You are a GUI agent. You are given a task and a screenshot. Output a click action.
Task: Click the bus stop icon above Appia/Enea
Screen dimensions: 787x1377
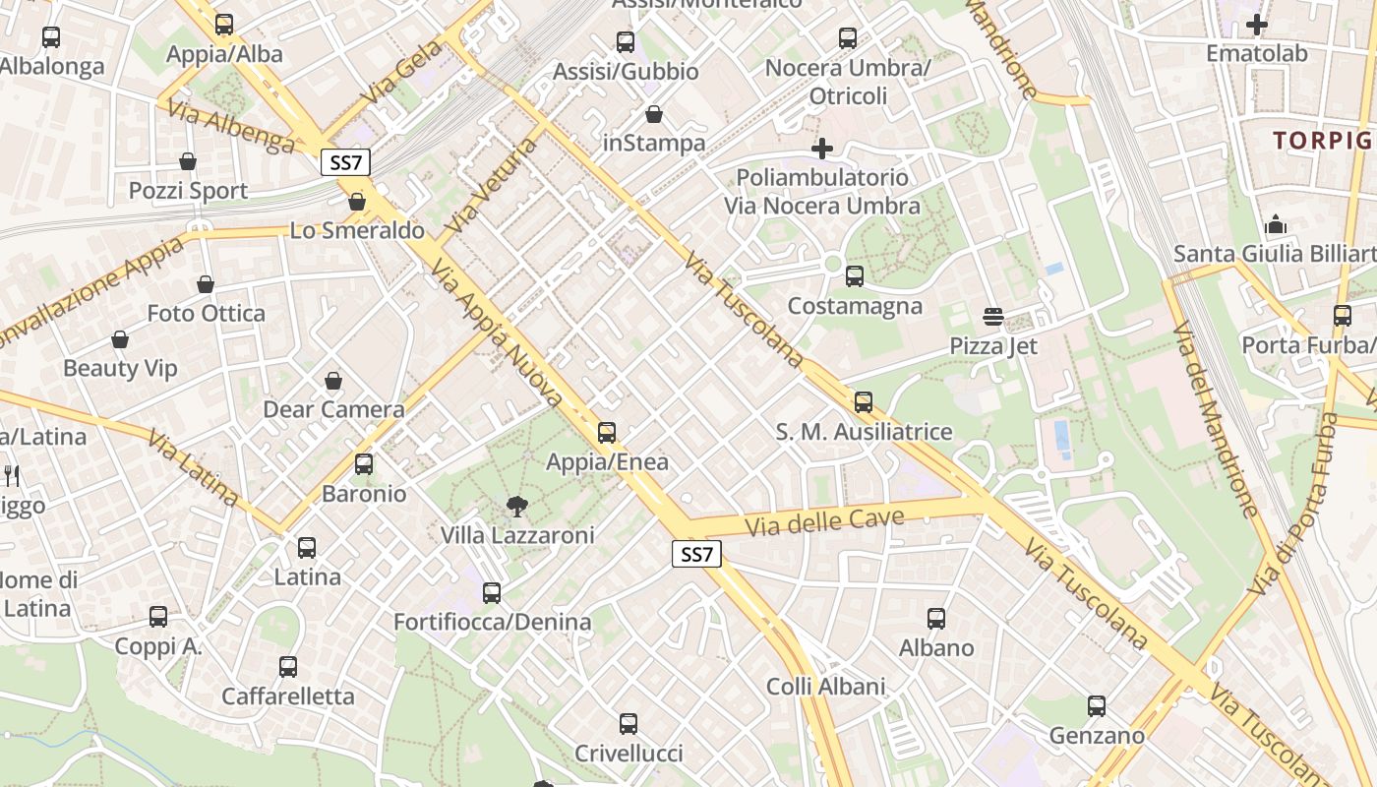[x=607, y=433]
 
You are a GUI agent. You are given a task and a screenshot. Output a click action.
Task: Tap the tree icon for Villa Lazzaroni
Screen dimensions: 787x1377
[x=516, y=507]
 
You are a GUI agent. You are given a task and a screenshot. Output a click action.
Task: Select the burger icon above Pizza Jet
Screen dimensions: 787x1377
[x=993, y=317]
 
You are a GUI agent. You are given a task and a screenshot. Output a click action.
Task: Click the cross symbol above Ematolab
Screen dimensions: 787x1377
[x=1257, y=25]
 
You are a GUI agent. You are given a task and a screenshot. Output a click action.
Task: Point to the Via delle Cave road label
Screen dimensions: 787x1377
[x=824, y=518]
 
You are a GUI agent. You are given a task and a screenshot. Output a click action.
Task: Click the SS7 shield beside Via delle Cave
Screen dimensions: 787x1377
[x=696, y=554]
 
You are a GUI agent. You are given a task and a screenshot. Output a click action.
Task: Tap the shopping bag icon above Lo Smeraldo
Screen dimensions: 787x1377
[x=357, y=202]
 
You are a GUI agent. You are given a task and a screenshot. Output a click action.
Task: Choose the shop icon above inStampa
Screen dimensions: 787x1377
[x=654, y=114]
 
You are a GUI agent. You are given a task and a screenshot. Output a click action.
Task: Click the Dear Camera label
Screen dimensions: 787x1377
[x=333, y=409]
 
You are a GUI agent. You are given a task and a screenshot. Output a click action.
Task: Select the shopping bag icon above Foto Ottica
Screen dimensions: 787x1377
[x=206, y=284]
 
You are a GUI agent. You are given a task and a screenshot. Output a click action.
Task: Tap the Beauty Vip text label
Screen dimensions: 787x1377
[x=120, y=369]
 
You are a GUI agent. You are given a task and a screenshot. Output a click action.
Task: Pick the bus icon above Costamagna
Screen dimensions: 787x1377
[x=855, y=276]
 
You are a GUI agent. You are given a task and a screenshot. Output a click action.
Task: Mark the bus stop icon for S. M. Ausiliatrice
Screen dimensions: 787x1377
[x=864, y=401]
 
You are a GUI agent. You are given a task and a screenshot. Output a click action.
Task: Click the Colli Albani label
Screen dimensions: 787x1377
[x=825, y=687]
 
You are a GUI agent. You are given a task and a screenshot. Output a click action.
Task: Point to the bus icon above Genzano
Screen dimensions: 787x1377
[x=1097, y=706]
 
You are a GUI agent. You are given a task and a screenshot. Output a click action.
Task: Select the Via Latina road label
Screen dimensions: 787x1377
[x=193, y=467]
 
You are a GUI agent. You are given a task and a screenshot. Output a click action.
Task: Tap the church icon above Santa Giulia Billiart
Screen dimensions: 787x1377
[x=1277, y=225]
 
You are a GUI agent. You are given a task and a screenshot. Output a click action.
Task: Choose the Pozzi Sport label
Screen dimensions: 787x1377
[x=188, y=191]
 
